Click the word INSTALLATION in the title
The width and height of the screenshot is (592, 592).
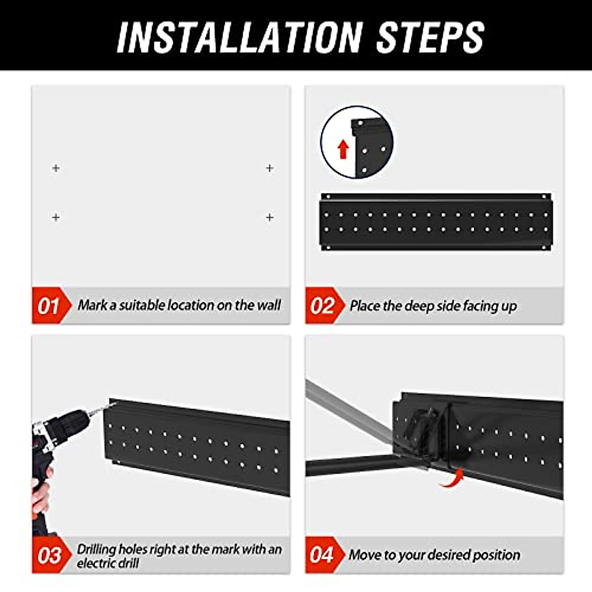(239, 37)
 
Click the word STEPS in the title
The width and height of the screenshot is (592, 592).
(430, 37)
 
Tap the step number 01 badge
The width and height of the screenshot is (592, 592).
(48, 306)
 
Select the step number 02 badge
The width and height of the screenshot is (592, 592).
(322, 306)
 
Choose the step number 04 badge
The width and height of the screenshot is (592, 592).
(322, 555)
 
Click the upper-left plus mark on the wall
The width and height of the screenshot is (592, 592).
(56, 168)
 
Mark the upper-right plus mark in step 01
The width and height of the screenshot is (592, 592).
(269, 168)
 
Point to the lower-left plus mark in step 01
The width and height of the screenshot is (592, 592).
(56, 217)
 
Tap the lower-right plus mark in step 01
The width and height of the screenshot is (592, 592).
(269, 217)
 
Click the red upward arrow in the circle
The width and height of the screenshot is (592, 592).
(343, 148)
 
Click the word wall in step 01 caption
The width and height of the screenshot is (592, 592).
(269, 305)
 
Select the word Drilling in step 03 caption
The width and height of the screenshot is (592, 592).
(96, 549)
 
